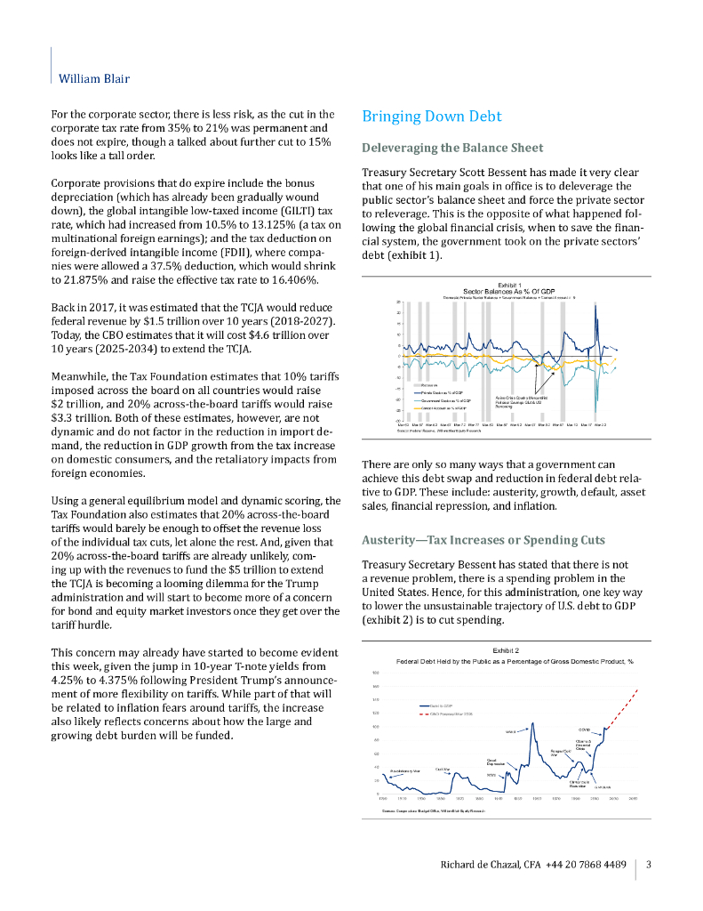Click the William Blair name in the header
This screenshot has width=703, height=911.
pyautogui.click(x=93, y=78)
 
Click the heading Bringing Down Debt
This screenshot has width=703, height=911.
pyautogui.click(x=432, y=117)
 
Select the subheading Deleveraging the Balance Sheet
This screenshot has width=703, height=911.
pyautogui.click(x=452, y=148)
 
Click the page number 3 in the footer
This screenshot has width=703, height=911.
pyautogui.click(x=649, y=865)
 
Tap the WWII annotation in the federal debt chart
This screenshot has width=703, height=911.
pyautogui.click(x=511, y=731)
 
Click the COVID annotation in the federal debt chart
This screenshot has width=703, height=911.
pyautogui.click(x=584, y=730)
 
